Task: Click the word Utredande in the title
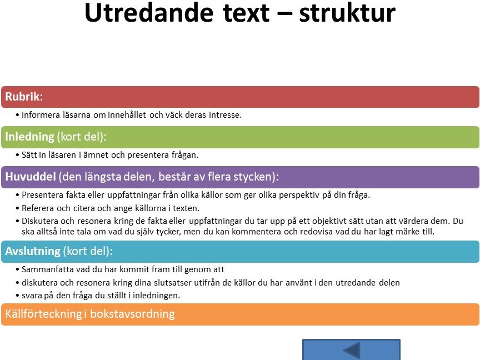(x=149, y=13)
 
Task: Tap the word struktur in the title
(x=347, y=13)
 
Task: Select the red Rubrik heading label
(x=24, y=97)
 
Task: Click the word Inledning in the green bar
(x=29, y=137)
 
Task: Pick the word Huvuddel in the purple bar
(x=31, y=177)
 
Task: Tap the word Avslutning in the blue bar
(x=33, y=251)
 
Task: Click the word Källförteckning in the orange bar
(x=43, y=314)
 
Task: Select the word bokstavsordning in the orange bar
(x=132, y=314)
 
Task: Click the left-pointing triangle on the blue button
(x=352, y=350)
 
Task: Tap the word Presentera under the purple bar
(x=43, y=195)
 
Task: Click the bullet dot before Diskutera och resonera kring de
(x=17, y=221)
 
